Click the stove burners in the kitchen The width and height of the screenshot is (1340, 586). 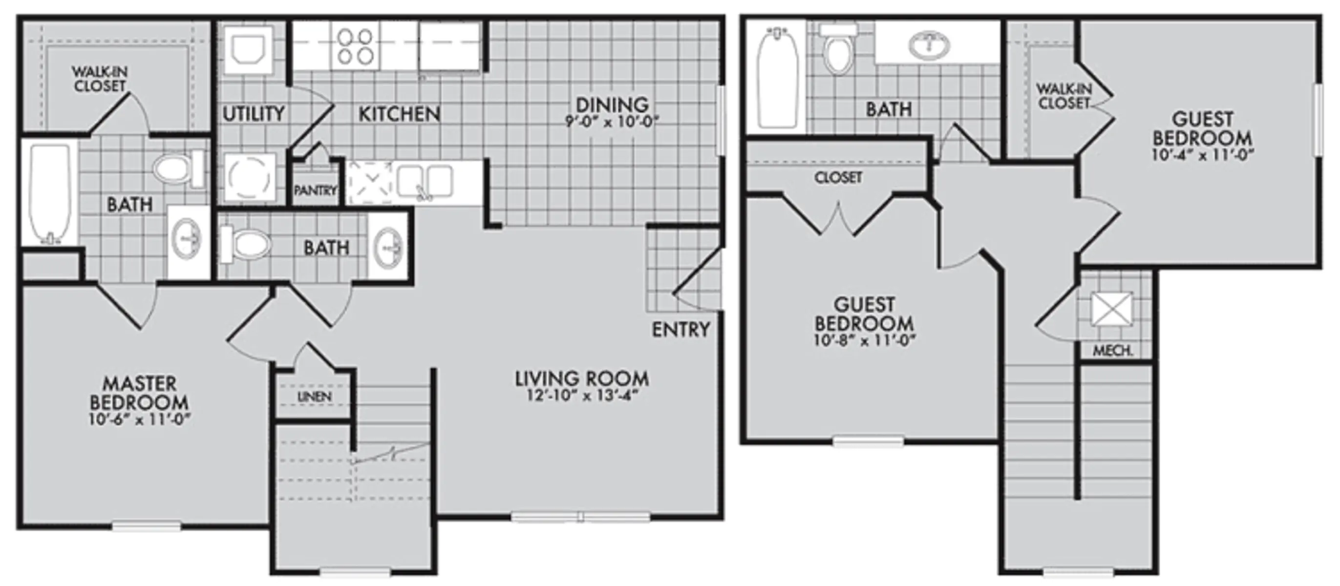(x=355, y=46)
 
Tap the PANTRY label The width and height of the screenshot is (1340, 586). (x=315, y=191)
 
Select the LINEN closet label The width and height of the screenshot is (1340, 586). (x=315, y=397)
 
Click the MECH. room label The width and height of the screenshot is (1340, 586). (x=1113, y=351)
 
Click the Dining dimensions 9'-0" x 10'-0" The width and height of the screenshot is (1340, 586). (x=612, y=122)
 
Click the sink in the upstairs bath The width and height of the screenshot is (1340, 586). (x=929, y=46)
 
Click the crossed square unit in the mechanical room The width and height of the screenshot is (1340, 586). (x=1112, y=309)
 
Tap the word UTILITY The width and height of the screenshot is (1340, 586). (x=254, y=113)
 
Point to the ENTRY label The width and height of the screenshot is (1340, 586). (x=681, y=329)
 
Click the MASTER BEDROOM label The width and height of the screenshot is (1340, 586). (x=139, y=393)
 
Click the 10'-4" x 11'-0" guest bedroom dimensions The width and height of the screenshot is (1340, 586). (x=1203, y=155)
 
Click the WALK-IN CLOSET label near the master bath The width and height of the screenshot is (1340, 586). (x=100, y=79)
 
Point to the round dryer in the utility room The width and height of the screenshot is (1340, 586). (x=249, y=178)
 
